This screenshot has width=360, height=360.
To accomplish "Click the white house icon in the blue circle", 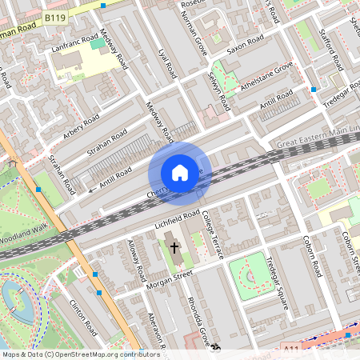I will [x=180, y=173].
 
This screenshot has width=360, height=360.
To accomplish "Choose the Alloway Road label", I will [x=137, y=261].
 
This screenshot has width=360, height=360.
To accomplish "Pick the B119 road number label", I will [x=55, y=17].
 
